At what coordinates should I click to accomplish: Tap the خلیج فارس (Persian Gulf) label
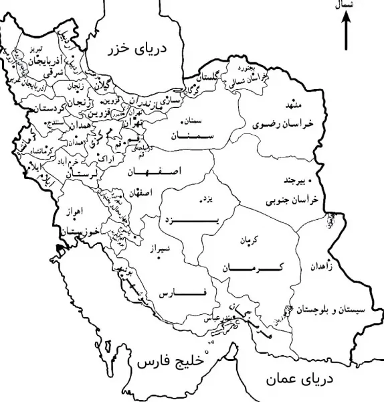168,364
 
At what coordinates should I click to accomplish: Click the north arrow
347,32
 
